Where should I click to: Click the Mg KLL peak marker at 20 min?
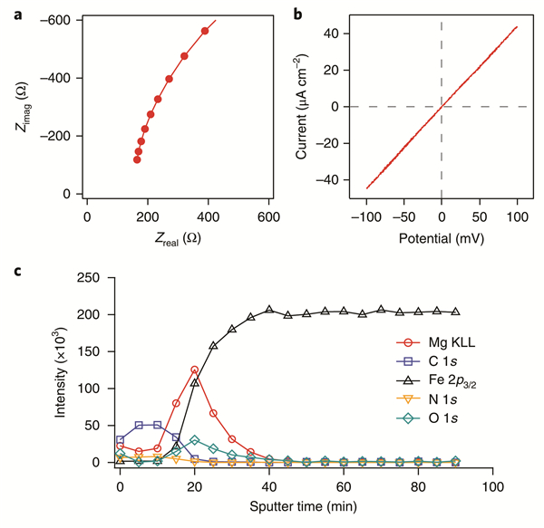click(194, 370)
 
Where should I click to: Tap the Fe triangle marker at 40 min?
click(269, 310)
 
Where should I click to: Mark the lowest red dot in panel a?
click(137, 159)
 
